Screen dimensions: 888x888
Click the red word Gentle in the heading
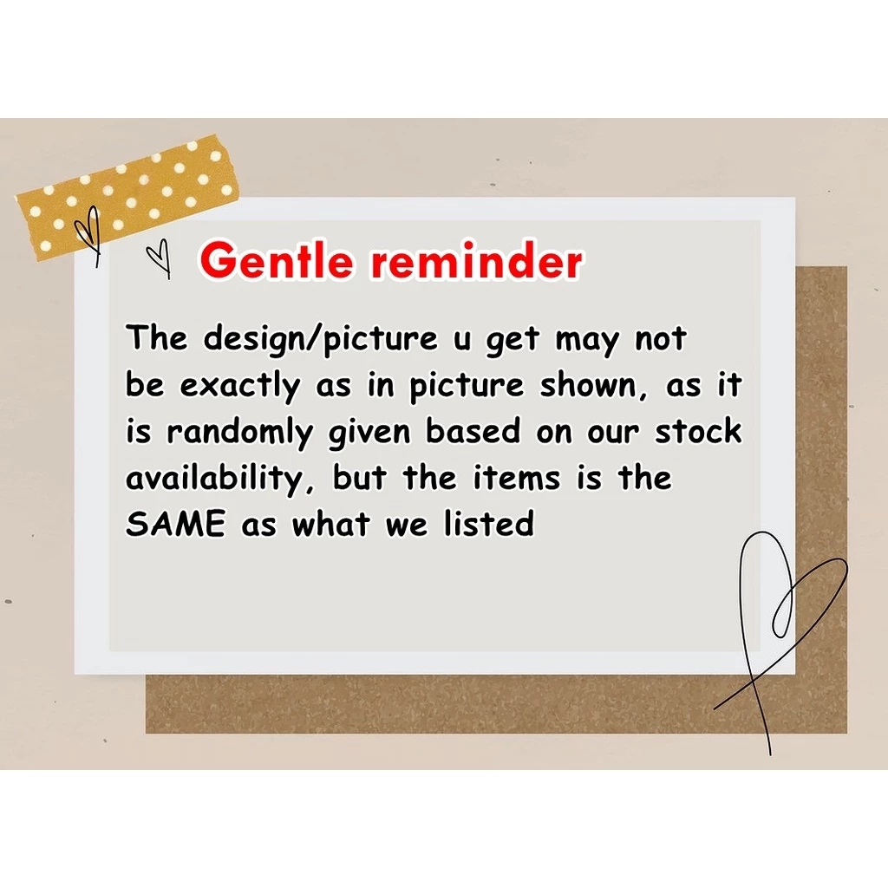(x=277, y=260)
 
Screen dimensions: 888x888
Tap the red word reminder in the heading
(x=477, y=261)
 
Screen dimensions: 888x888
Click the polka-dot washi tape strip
(x=127, y=198)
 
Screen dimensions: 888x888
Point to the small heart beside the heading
(x=160, y=258)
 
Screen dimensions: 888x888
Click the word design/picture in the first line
(x=321, y=340)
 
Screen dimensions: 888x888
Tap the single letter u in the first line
(x=462, y=342)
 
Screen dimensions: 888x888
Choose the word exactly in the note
(x=240, y=386)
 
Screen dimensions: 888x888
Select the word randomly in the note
(x=239, y=434)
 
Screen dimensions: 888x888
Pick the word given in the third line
(x=369, y=434)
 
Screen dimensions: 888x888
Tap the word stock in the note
(x=698, y=431)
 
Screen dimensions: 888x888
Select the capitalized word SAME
(x=175, y=523)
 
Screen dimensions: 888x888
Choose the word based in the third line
(x=473, y=431)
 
